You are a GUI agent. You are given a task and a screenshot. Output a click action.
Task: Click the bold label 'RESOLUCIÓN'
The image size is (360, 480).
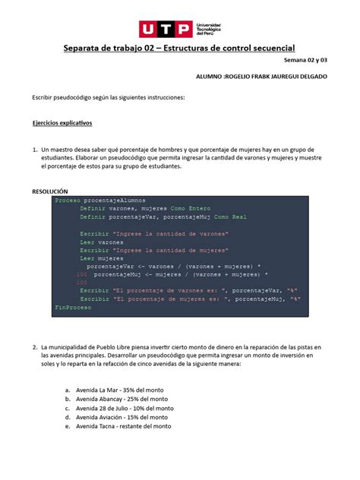tap(50, 191)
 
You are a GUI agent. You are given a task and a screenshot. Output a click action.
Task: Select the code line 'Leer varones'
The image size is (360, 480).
tap(101, 242)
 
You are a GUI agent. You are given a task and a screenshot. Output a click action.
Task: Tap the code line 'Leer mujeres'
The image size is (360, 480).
tap(101, 258)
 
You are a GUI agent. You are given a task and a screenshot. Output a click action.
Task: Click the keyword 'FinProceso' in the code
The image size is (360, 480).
tap(73, 307)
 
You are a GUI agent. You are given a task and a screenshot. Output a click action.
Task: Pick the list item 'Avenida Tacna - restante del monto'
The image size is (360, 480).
tap(123, 426)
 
